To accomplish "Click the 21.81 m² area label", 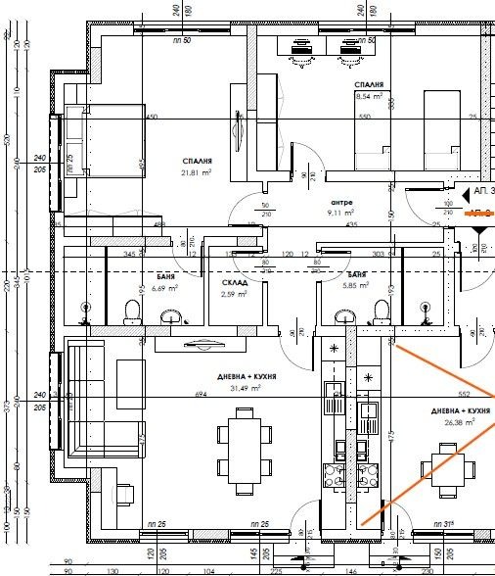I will (197, 173).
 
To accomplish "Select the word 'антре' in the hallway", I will (341, 197).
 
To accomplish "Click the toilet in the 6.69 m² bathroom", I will (131, 312).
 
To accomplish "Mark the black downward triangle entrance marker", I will (478, 229).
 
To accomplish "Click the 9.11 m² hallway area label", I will (341, 209).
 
